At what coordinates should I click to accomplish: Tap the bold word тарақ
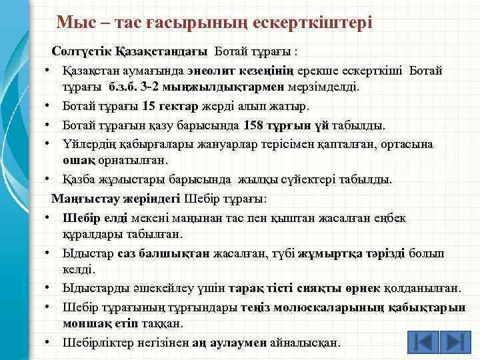coord(244,289)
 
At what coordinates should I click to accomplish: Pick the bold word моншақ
coord(84,323)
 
